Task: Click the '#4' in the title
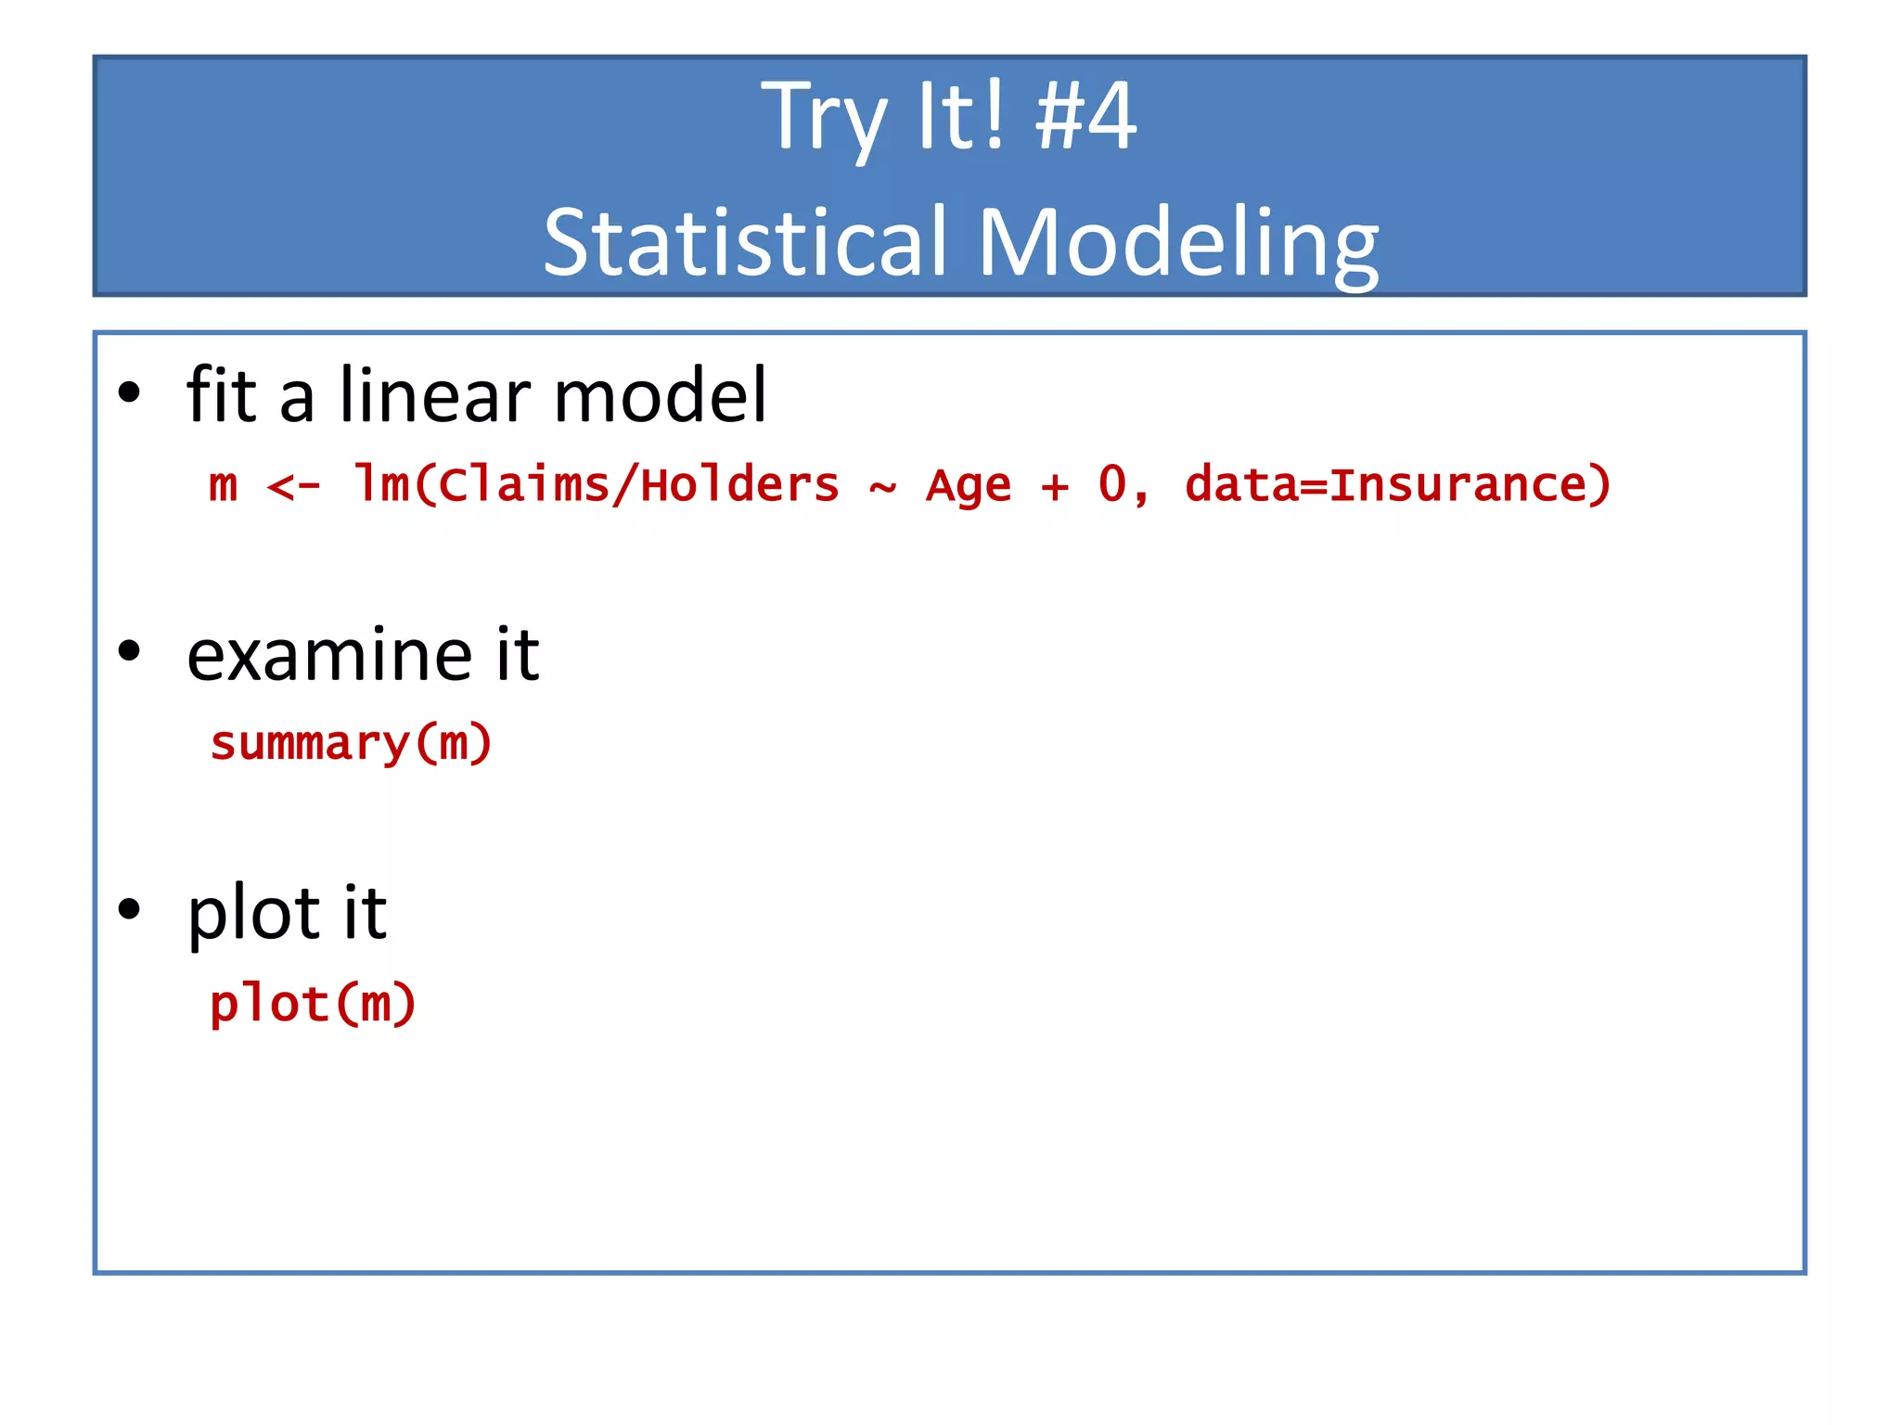(1085, 116)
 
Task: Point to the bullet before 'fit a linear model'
(129, 393)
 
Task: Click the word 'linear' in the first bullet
(436, 396)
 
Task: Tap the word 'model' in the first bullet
(661, 396)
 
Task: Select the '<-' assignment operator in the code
(293, 485)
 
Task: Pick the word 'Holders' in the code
(739, 485)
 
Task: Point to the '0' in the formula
(1111, 483)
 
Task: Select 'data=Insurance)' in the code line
(1397, 485)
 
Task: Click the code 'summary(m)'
(351, 744)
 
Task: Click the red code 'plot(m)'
(313, 1005)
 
